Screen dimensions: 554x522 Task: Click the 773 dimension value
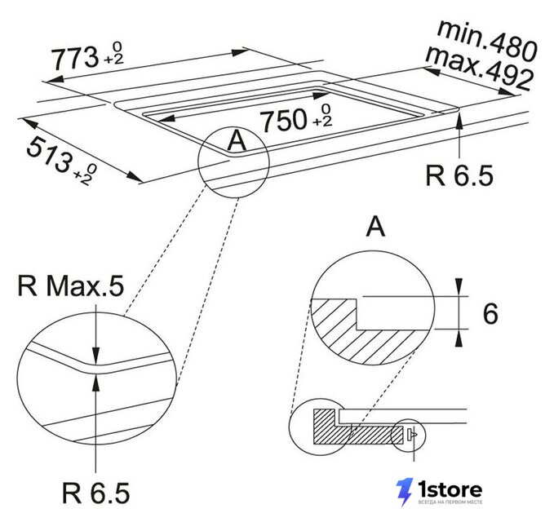pyautogui.click(x=75, y=59)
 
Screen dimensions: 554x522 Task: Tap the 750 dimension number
pyautogui.click(x=283, y=120)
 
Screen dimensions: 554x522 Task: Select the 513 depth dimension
pyautogui.click(x=48, y=157)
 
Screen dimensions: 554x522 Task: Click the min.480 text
pyautogui.click(x=487, y=41)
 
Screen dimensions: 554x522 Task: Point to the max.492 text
pyautogui.click(x=479, y=69)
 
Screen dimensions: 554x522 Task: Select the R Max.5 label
pyautogui.click(x=71, y=285)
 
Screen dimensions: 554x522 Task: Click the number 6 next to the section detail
pyautogui.click(x=490, y=314)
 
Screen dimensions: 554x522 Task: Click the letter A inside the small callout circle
pyautogui.click(x=237, y=139)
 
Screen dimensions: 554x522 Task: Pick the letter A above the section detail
pyautogui.click(x=375, y=227)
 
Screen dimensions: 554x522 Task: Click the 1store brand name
pyautogui.click(x=450, y=489)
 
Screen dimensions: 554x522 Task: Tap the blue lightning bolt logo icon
pyautogui.click(x=404, y=493)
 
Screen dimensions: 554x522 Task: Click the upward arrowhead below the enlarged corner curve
pyautogui.click(x=95, y=383)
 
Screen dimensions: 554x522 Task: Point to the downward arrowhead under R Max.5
pyautogui.click(x=95, y=355)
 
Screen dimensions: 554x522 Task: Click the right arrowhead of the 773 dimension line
pyautogui.click(x=241, y=52)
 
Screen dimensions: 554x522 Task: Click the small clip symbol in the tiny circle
pyautogui.click(x=412, y=434)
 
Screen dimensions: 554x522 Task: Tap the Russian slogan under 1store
pyautogui.click(x=450, y=502)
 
